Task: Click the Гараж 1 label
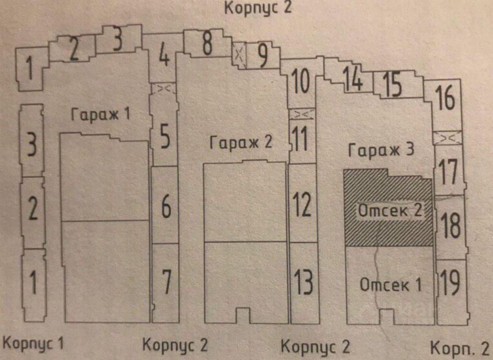(100, 114)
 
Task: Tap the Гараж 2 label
(241, 143)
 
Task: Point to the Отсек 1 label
(391, 284)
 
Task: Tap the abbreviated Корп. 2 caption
(460, 348)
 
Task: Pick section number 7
(166, 282)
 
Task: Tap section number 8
(207, 44)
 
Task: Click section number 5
(165, 137)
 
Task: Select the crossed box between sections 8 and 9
(239, 55)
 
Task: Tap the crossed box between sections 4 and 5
(164, 89)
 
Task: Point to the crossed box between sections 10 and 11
(302, 114)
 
